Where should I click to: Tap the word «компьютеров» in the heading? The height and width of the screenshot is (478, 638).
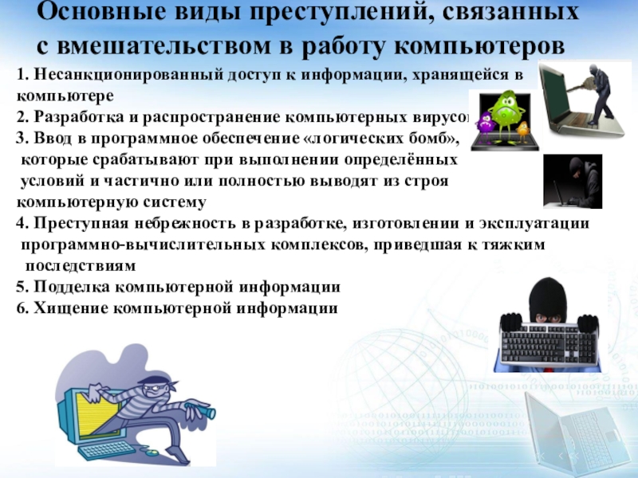(480, 46)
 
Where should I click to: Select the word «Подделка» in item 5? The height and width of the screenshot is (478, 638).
(72, 287)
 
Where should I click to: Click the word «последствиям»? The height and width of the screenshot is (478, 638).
(81, 266)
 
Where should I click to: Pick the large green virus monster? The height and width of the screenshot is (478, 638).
(505, 112)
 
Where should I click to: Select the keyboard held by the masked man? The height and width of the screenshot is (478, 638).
(549, 344)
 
